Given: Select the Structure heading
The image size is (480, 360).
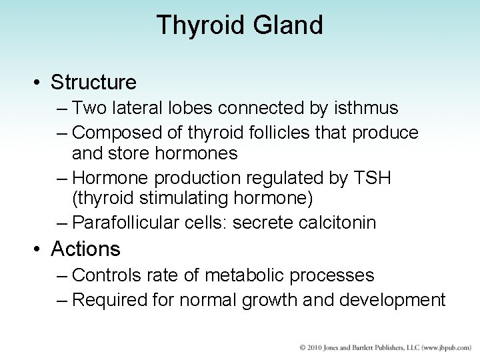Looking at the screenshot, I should [94, 83].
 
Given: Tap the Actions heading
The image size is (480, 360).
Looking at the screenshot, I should [86, 249].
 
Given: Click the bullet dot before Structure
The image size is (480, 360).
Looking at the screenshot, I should [39, 83].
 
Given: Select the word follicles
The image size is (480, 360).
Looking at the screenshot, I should [267, 133].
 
